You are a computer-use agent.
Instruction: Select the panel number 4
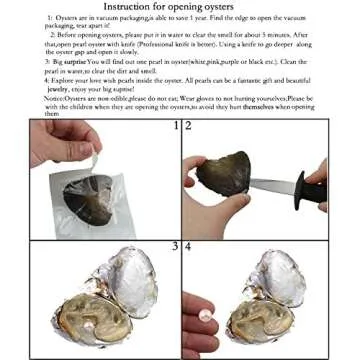click(187, 246)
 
